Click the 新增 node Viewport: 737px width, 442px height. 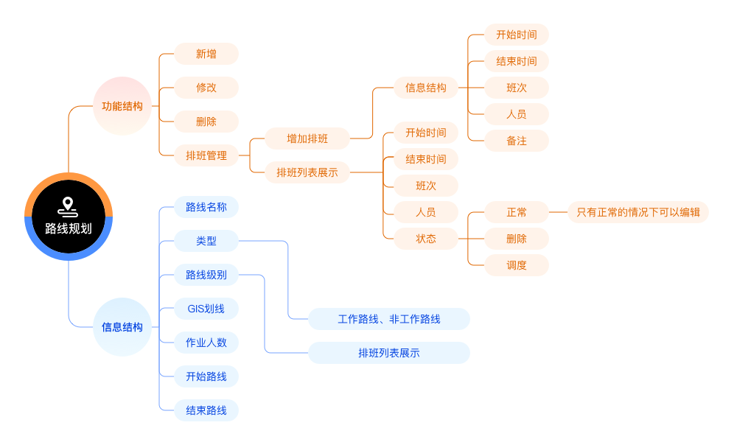(206, 54)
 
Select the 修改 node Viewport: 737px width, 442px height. (206, 88)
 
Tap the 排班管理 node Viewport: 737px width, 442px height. (206, 155)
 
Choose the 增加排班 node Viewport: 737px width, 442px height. (307, 138)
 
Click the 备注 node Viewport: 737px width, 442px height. (517, 141)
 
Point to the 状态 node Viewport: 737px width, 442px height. (426, 239)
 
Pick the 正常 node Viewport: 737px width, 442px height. (517, 212)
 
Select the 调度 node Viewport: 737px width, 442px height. (517, 265)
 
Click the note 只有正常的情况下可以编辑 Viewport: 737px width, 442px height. (638, 212)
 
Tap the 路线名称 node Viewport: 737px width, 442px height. (206, 207)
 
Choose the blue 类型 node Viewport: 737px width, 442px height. (206, 241)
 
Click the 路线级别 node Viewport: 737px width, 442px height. (206, 275)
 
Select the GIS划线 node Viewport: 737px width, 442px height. (206, 309)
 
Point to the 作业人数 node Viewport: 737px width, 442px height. (206, 343)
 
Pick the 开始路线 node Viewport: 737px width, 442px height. (206, 376)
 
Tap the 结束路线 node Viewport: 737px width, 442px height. (206, 410)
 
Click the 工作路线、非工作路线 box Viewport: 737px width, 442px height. (389, 319)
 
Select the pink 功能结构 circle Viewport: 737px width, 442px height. (122, 106)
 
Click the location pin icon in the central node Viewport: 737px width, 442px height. (69, 205)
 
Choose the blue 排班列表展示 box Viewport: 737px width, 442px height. (389, 353)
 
